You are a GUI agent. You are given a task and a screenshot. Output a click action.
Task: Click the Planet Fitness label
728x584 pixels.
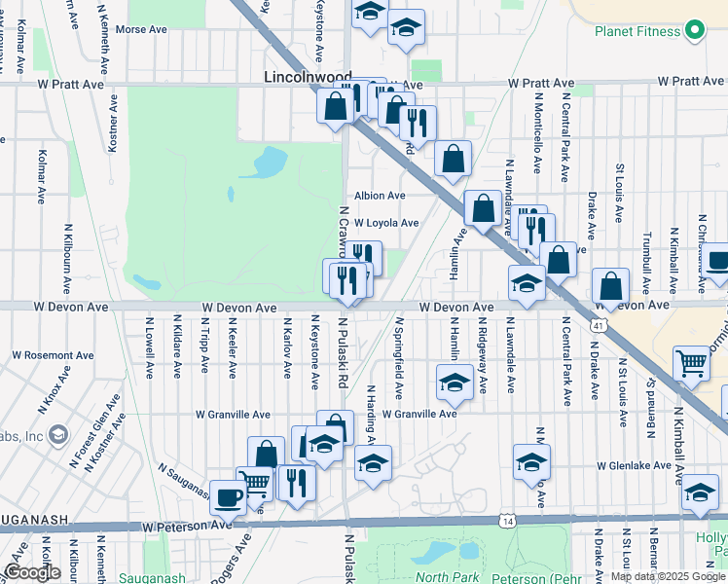point(638,31)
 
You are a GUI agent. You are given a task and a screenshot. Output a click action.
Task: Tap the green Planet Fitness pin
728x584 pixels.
point(694,30)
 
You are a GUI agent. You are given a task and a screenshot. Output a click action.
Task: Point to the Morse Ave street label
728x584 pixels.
point(141,29)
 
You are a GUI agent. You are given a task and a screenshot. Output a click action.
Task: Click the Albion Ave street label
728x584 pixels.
point(380,196)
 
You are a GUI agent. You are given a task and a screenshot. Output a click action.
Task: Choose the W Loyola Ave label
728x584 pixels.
point(386,223)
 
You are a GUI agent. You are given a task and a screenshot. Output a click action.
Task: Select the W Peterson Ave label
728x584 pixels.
point(187,526)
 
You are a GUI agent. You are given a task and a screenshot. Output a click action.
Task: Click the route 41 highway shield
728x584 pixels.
point(601,323)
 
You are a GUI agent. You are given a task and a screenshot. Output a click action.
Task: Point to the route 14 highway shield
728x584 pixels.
point(508,522)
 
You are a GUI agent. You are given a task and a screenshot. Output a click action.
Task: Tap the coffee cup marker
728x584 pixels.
point(229,496)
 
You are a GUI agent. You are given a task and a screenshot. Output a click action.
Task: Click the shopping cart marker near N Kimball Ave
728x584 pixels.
point(691,364)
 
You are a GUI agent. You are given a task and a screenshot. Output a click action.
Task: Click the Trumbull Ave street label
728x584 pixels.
point(646,256)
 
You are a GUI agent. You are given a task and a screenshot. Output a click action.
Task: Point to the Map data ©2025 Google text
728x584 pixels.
point(668,576)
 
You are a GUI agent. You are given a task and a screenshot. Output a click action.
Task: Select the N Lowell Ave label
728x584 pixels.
point(150,346)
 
